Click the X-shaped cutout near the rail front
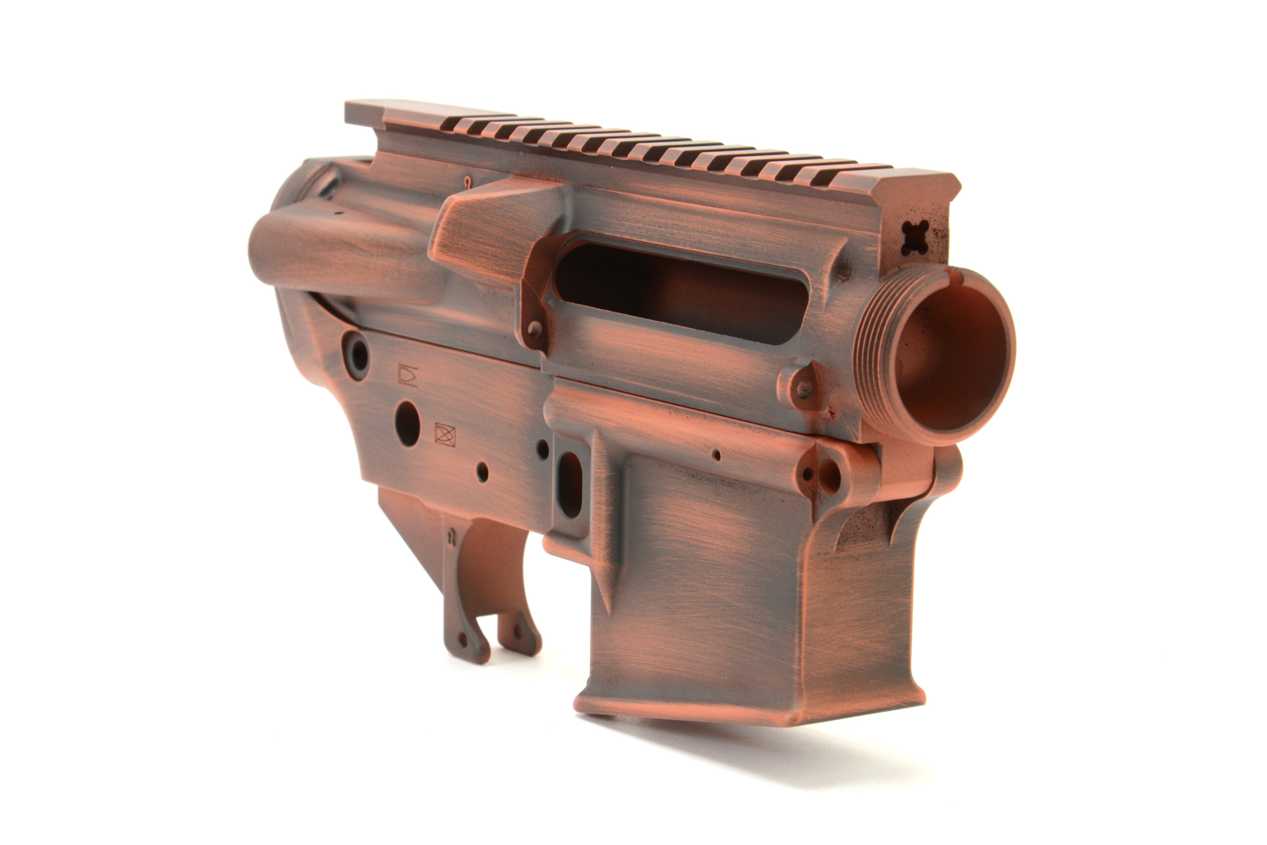[x=915, y=238]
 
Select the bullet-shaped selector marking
[x=407, y=375]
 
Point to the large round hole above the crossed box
[x=407, y=423]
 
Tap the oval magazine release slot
[x=569, y=485]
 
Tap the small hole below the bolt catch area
[x=483, y=472]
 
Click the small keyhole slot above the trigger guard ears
[x=451, y=536]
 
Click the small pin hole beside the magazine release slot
[x=543, y=449]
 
